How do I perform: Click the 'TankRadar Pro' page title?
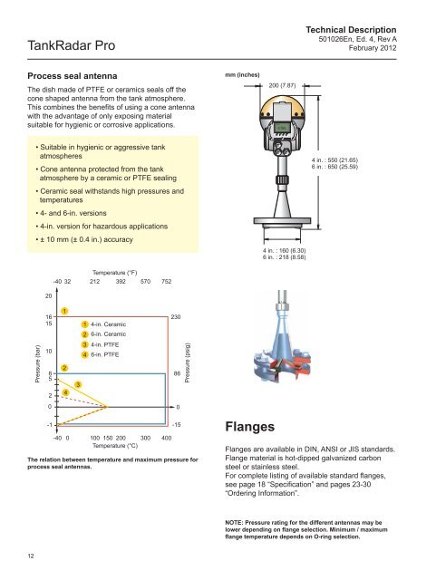pos(71,45)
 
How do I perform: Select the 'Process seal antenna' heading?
pos(73,76)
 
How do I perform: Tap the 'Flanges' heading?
pos(250,427)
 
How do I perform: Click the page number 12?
pos(31,556)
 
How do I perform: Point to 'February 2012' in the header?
pos(373,48)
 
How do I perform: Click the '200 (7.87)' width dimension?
pos(282,85)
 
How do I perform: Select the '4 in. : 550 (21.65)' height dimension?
pos(334,159)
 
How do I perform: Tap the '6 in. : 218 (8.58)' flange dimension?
pos(285,257)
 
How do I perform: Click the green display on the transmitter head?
pos(283,127)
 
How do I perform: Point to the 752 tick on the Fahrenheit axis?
pos(167,282)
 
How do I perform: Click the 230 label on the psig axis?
pos(176,317)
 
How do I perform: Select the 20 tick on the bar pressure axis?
pos(48,296)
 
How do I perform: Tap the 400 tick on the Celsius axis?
pos(167,438)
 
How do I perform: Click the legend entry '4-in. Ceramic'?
pos(108,324)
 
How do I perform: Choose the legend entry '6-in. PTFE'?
pos(105,354)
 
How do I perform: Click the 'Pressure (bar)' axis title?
pos(37,365)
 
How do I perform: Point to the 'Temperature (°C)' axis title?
pos(115,446)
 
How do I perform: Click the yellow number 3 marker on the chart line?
pos(78,384)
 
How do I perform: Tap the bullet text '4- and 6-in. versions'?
pos(73,213)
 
